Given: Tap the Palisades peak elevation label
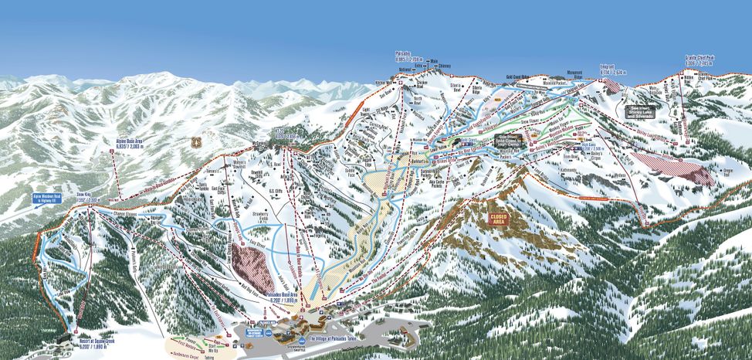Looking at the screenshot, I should pos(409,57).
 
